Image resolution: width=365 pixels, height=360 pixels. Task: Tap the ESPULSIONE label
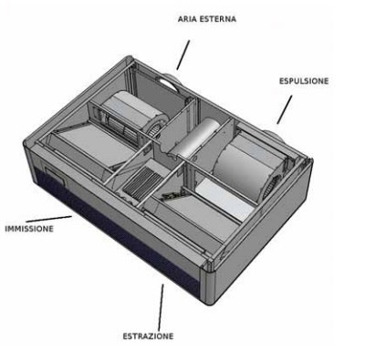303,81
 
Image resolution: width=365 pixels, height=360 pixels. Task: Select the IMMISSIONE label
28,229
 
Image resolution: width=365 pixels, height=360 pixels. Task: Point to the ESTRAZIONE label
148,336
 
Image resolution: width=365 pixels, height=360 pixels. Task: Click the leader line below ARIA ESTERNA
182,55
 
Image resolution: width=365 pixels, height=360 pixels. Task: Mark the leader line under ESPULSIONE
284,109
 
